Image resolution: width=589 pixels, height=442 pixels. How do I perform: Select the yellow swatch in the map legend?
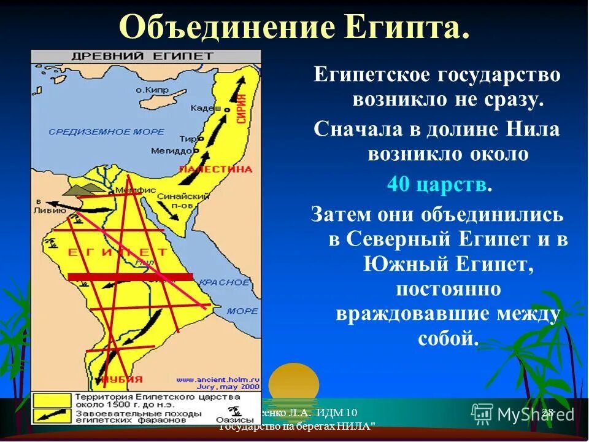coord(51,400)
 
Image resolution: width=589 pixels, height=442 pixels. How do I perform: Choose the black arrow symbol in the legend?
coord(51,415)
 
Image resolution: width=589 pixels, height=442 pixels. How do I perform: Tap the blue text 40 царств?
coord(437,185)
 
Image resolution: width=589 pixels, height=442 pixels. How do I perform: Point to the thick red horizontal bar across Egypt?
coord(130,277)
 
